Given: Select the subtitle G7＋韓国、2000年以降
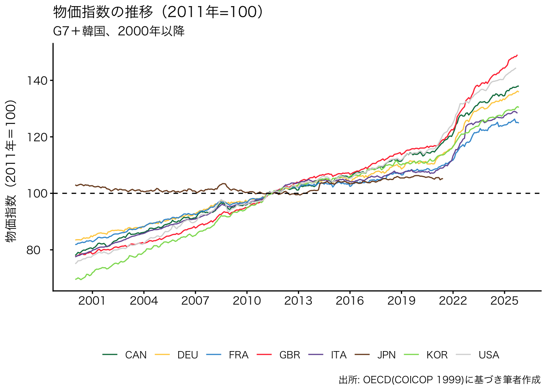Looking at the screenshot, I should click(x=119, y=31).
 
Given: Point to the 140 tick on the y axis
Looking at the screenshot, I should click(x=37, y=81).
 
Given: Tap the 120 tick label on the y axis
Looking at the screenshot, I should click(x=37, y=137).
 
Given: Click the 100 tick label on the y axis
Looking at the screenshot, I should click(x=37, y=193).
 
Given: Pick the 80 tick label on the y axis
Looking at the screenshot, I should click(x=33, y=250).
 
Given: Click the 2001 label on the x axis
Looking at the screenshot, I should click(x=92, y=301).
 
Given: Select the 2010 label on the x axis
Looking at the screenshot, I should click(x=247, y=301).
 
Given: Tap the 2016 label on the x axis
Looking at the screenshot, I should click(x=350, y=301).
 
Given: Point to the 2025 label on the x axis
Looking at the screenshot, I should click(x=504, y=301).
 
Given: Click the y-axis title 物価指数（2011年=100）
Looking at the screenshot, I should click(x=12, y=171).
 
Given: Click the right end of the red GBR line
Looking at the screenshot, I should click(x=517, y=55).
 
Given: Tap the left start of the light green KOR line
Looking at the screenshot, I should click(x=76, y=279).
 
